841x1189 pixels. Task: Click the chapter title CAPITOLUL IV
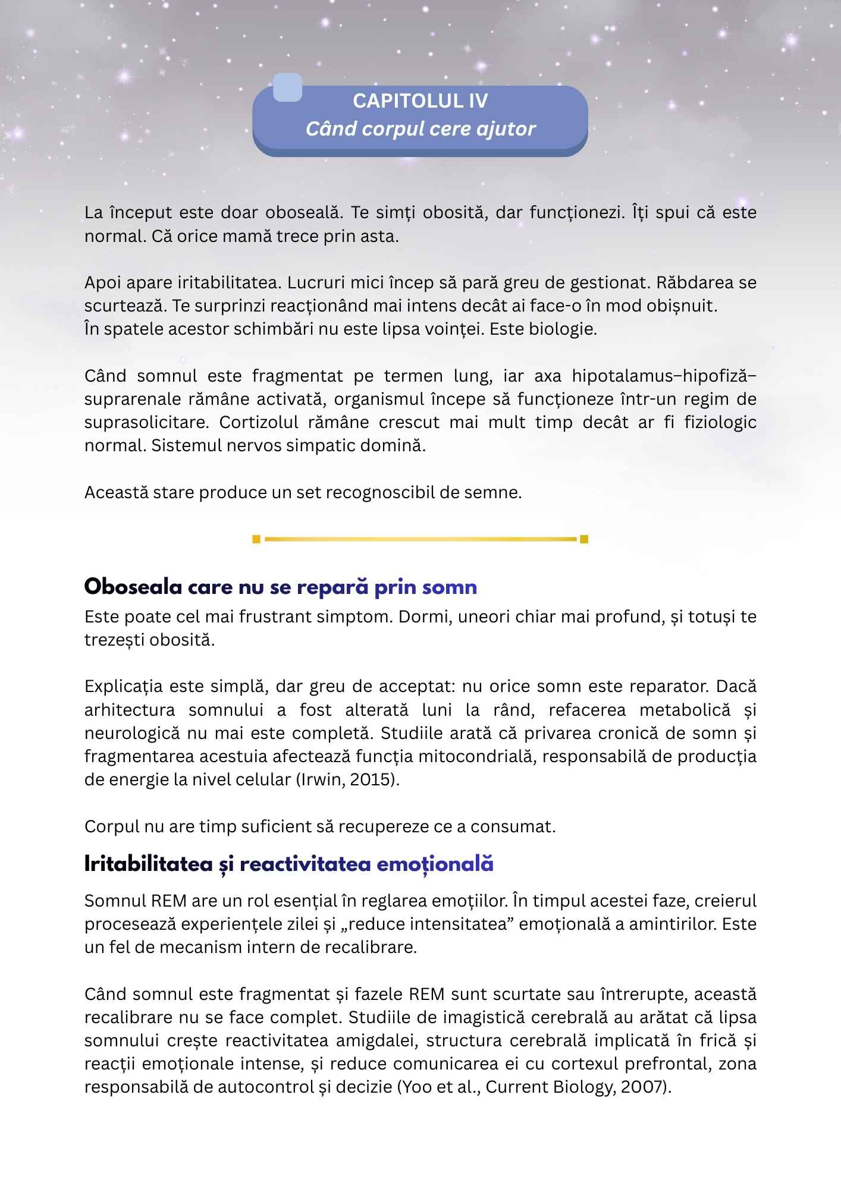420,101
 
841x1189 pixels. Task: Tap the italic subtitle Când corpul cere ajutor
420,129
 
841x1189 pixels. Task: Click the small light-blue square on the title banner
287,87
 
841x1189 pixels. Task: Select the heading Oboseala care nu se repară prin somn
281,587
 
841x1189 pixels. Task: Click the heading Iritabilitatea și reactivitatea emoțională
289,864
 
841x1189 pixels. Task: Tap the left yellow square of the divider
256,539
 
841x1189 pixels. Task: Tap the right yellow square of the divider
584,539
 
